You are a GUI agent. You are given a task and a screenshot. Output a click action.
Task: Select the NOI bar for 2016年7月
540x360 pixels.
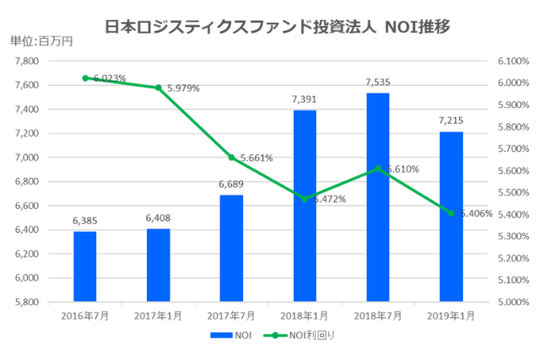[x=84, y=266]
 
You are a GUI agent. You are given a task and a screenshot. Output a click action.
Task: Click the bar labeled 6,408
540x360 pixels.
[x=158, y=265]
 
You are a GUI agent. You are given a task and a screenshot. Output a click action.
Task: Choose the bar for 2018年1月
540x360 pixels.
[x=305, y=206]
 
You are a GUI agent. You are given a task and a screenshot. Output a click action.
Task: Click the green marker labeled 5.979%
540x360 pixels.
[x=158, y=88]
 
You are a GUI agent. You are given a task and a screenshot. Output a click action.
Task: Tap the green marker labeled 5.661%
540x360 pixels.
[x=231, y=158]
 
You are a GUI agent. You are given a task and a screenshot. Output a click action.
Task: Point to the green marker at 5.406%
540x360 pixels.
[x=451, y=213]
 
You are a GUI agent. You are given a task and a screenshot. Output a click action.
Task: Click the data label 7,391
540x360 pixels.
[x=305, y=99]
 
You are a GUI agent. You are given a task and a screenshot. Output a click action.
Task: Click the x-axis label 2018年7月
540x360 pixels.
[x=378, y=315]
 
